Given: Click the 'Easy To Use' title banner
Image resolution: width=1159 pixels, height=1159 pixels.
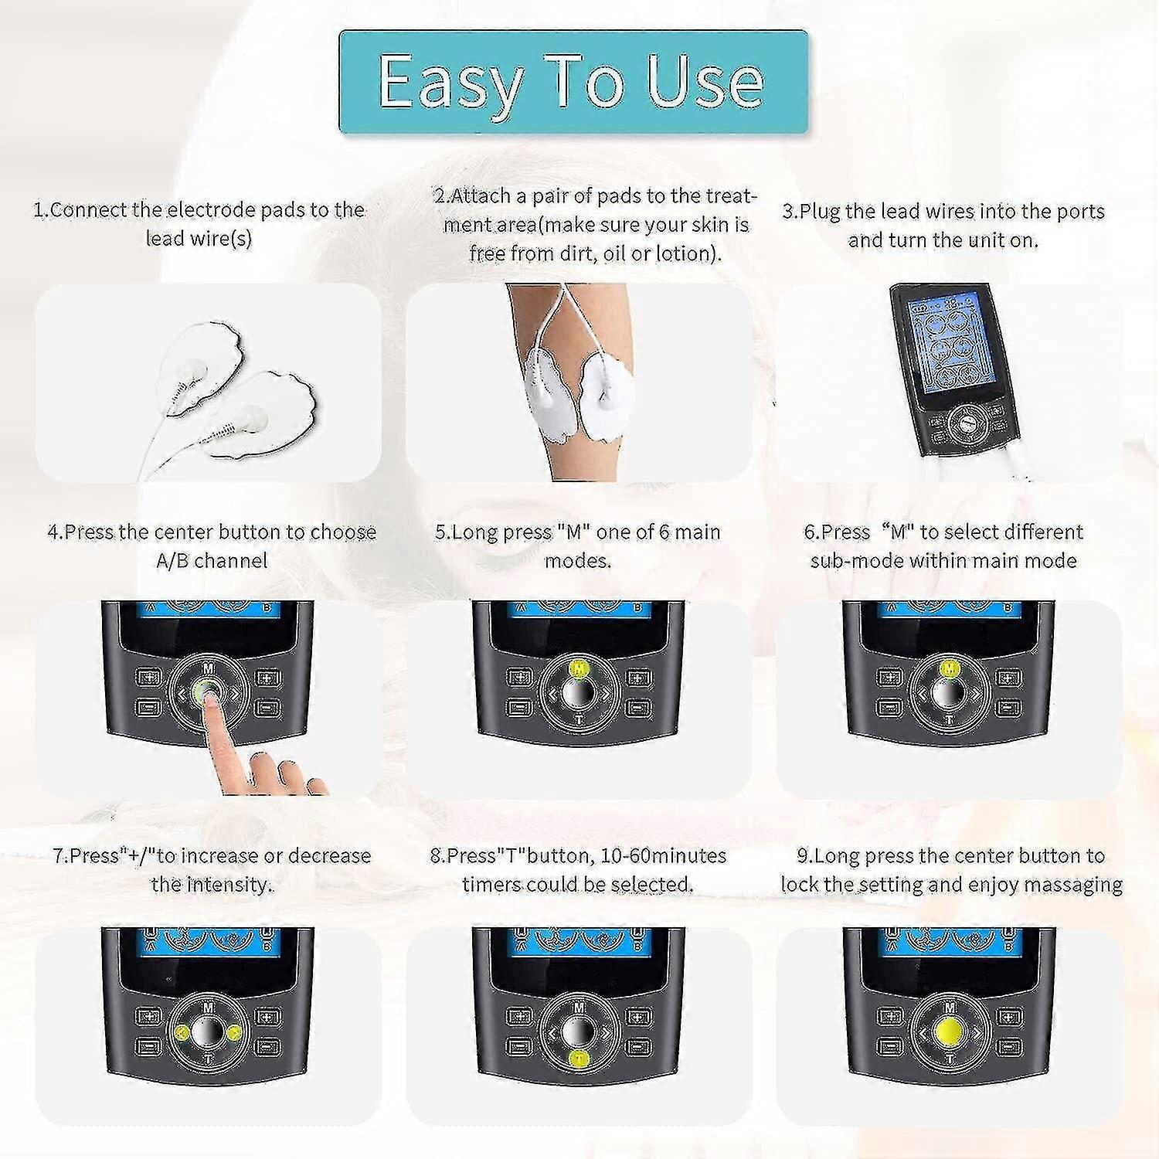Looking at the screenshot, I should (573, 82).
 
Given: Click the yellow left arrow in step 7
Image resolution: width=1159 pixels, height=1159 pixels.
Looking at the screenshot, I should (183, 1032).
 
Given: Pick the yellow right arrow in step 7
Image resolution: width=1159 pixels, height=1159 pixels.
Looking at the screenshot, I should (233, 1032).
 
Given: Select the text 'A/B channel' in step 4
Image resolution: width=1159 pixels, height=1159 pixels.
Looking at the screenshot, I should (212, 560).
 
